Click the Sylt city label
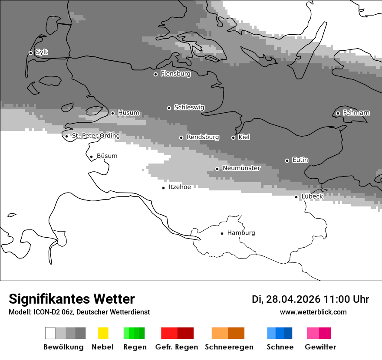click(x=42, y=52)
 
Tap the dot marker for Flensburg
click(x=155, y=74)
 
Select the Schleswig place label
click(x=189, y=108)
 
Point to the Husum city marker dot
click(x=112, y=113)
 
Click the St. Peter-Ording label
click(x=95, y=136)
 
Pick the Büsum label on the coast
click(x=107, y=156)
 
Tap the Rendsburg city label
click(x=203, y=137)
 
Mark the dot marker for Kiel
click(x=233, y=137)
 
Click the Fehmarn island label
click(x=356, y=113)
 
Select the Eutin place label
click(x=300, y=160)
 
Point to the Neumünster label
click(x=241, y=168)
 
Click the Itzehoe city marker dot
click(x=163, y=188)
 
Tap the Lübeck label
click(x=312, y=196)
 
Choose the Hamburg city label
click(x=241, y=233)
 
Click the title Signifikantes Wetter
click(x=72, y=299)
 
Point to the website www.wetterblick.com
click(x=313, y=312)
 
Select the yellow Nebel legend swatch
click(x=103, y=333)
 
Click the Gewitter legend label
click(x=320, y=347)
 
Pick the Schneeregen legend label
click(x=229, y=347)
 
